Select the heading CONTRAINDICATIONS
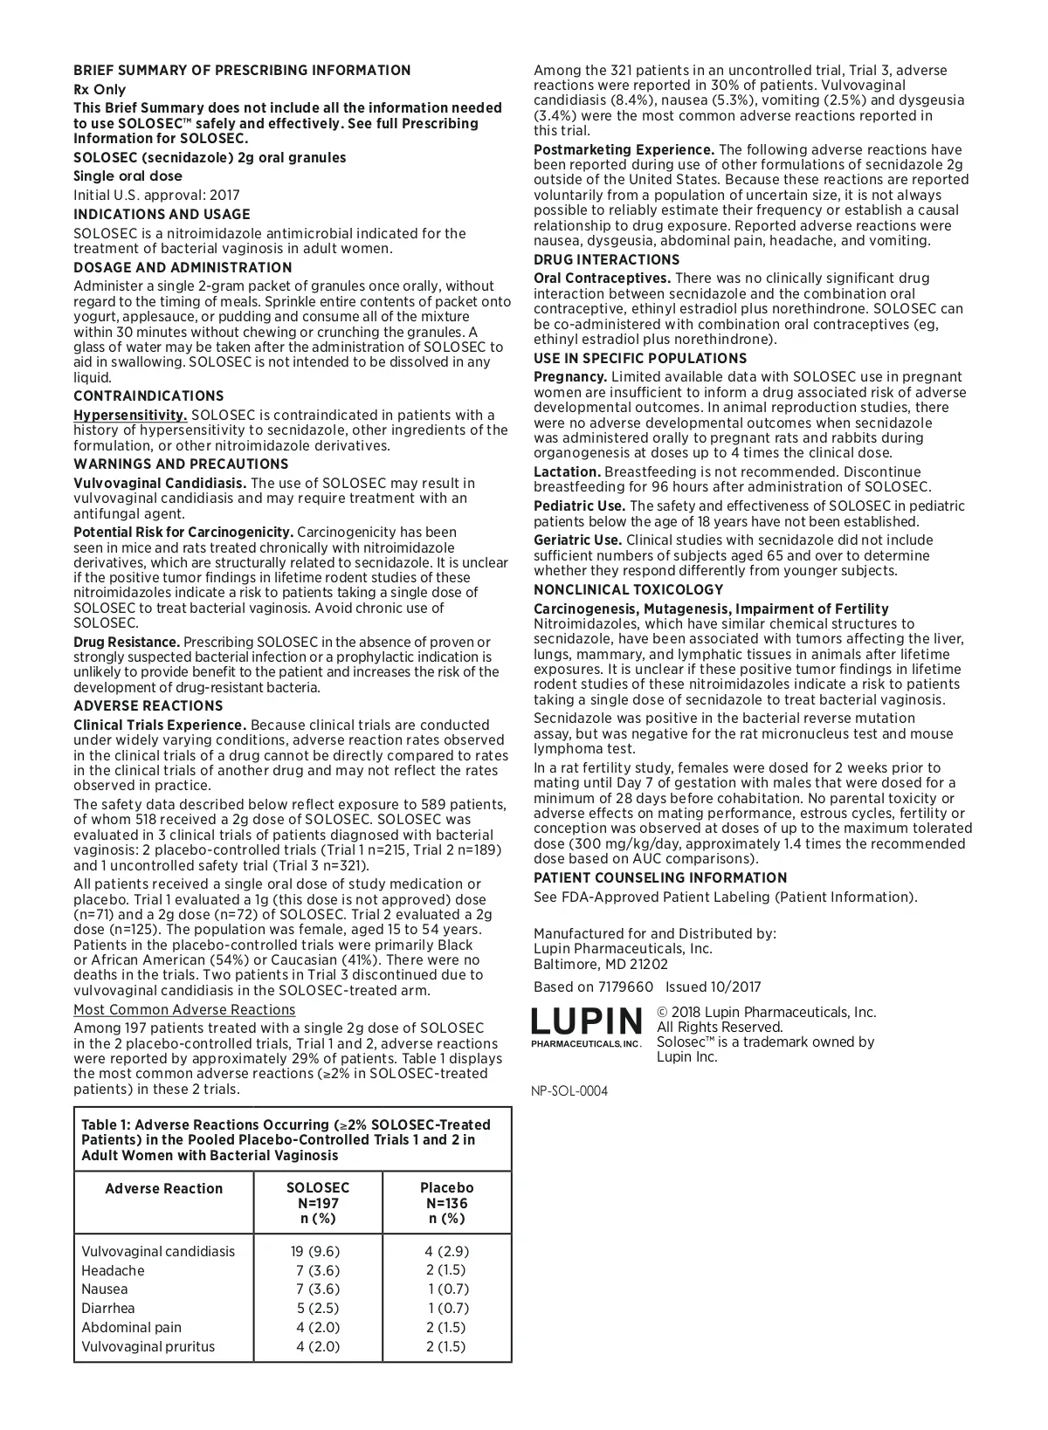(148, 396)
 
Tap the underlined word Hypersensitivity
(130, 416)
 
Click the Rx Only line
(100, 90)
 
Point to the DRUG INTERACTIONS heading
(606, 260)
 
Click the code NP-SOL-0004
(569, 1091)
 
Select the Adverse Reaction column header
(164, 1189)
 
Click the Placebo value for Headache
(446, 1271)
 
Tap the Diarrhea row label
(108, 1309)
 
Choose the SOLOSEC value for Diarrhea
(317, 1309)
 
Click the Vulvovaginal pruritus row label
(148, 1347)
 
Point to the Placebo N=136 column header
(446, 1203)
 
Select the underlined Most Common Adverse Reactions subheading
(184, 1010)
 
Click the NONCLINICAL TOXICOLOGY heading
(629, 590)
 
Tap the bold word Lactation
(567, 472)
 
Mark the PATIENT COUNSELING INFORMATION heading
(660, 878)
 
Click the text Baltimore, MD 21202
(601, 965)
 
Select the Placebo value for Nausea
(448, 1289)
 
